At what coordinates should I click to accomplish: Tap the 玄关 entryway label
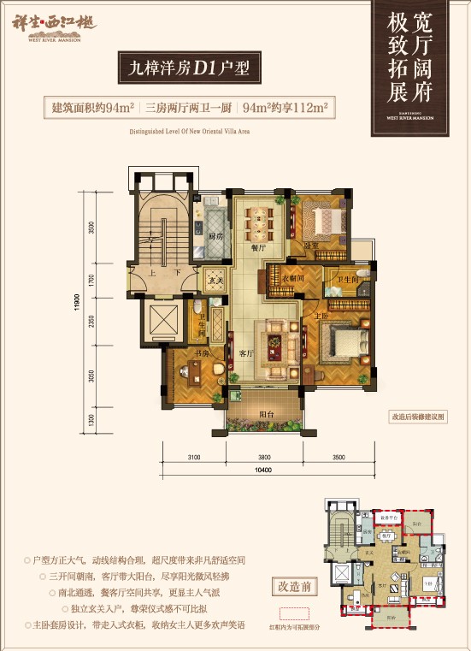[x=213, y=280]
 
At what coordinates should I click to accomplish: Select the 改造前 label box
[x=293, y=588]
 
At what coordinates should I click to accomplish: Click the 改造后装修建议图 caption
[x=418, y=417]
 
